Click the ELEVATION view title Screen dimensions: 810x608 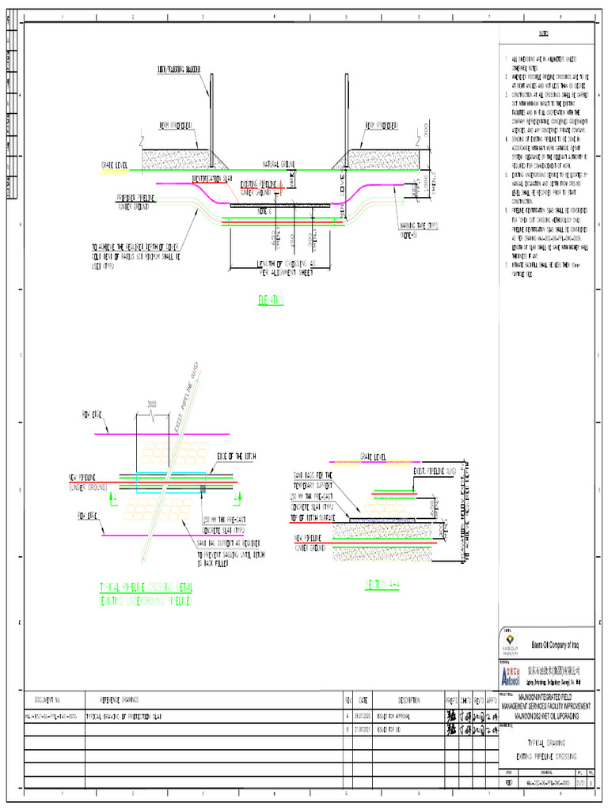[271, 300]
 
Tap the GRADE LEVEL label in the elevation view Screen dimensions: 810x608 [115, 165]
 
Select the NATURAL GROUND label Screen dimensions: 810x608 [279, 164]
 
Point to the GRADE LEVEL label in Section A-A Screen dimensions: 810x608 [373, 456]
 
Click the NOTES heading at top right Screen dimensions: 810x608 [545, 34]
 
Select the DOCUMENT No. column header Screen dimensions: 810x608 [48, 700]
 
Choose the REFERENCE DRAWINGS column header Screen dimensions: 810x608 [119, 700]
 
